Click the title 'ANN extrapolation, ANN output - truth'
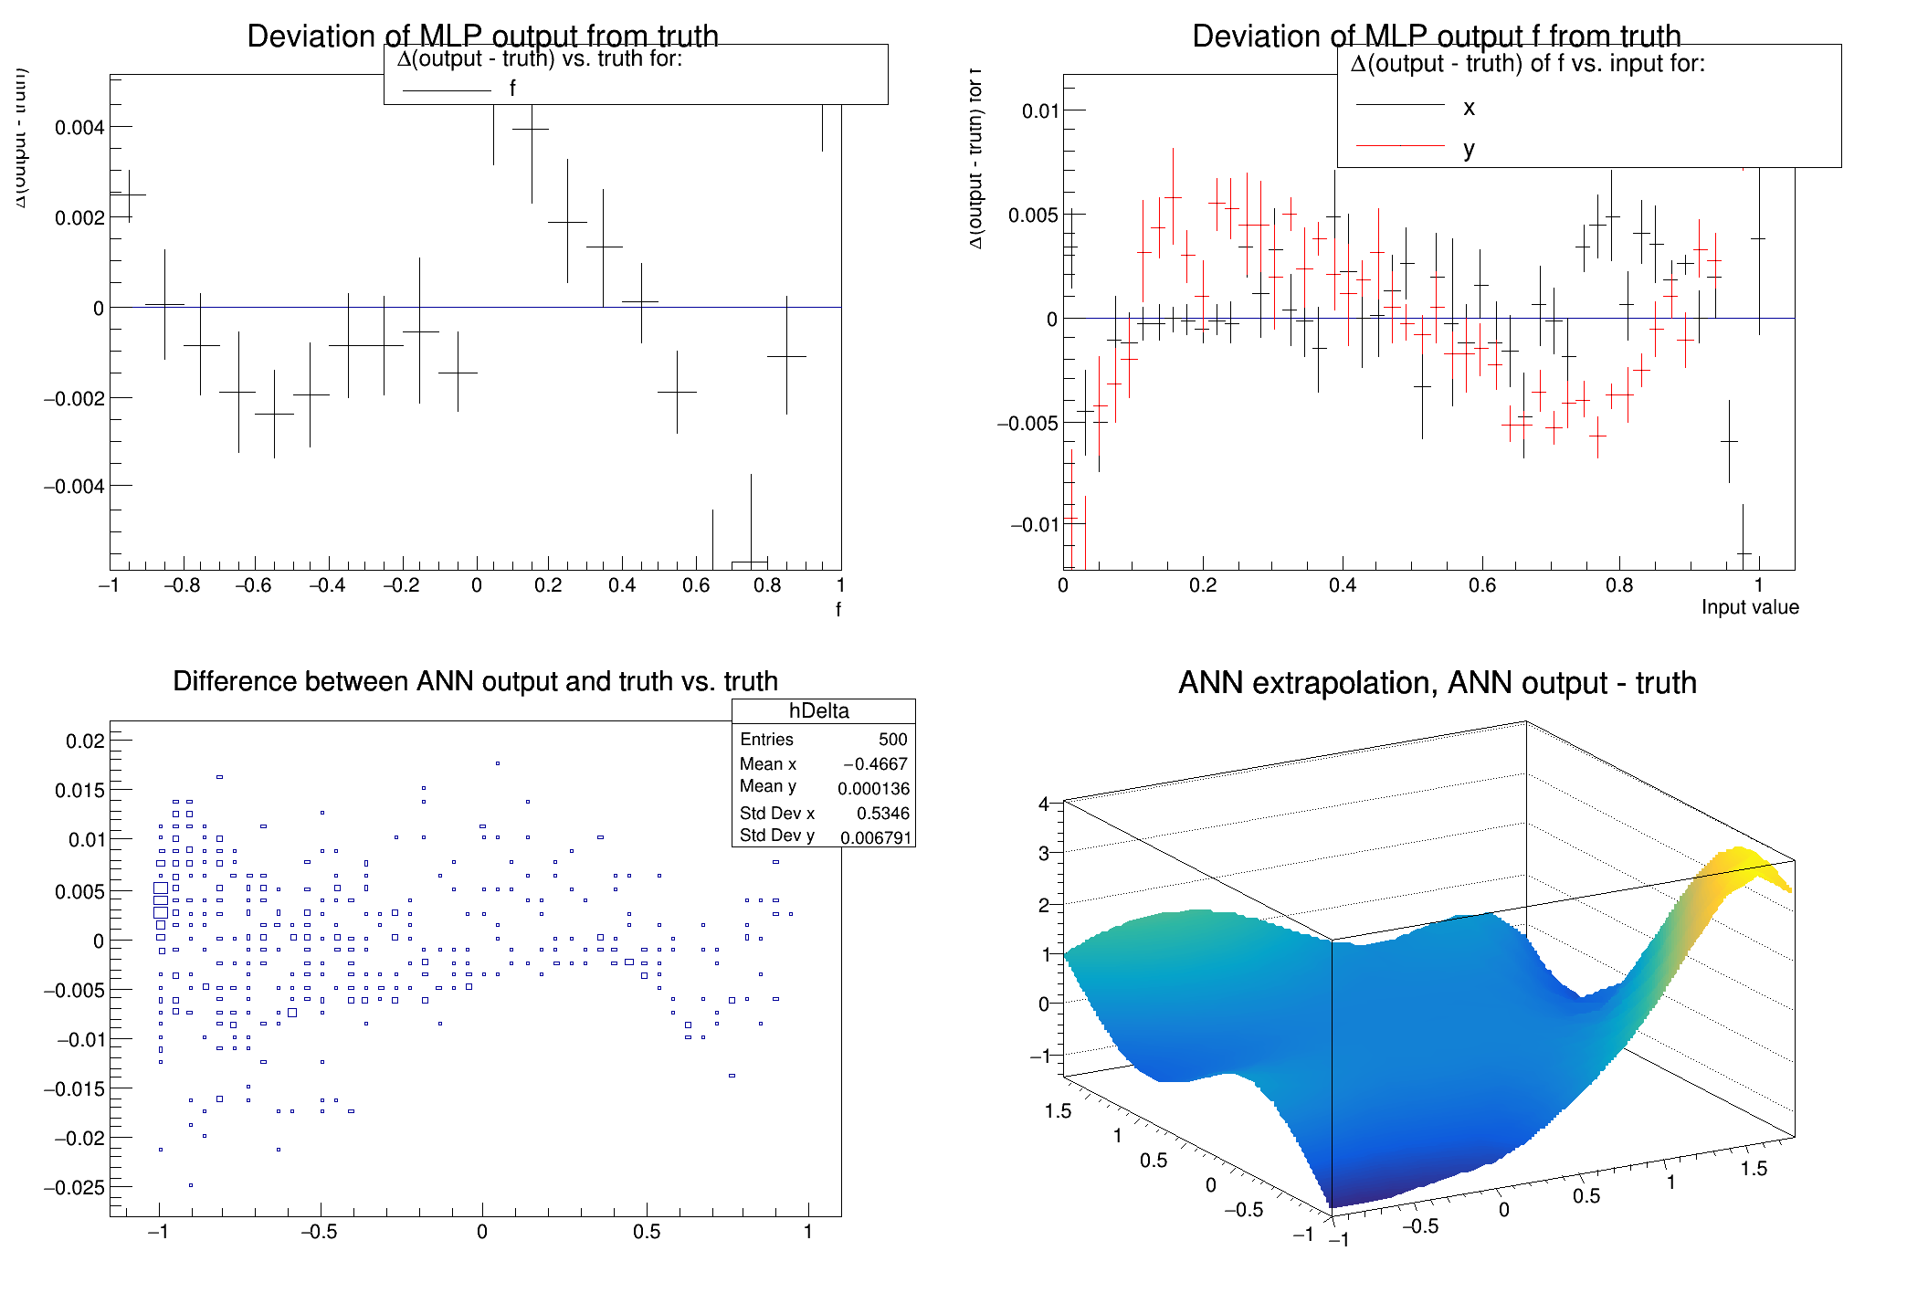point(1437,683)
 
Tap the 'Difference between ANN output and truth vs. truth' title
point(475,681)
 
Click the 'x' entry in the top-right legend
point(1469,108)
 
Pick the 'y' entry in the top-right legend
point(1469,149)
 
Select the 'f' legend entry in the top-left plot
point(512,89)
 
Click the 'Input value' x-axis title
point(1749,607)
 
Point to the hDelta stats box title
point(818,710)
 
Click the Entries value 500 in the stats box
point(892,740)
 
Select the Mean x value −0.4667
point(875,764)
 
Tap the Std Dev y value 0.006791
point(875,837)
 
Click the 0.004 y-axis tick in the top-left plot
point(79,127)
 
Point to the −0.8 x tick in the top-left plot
point(182,585)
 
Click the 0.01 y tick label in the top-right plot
point(1039,111)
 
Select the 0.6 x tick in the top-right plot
point(1481,585)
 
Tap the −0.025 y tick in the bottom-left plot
point(73,1187)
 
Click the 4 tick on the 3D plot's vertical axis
point(1043,804)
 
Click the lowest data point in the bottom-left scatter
point(191,1185)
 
